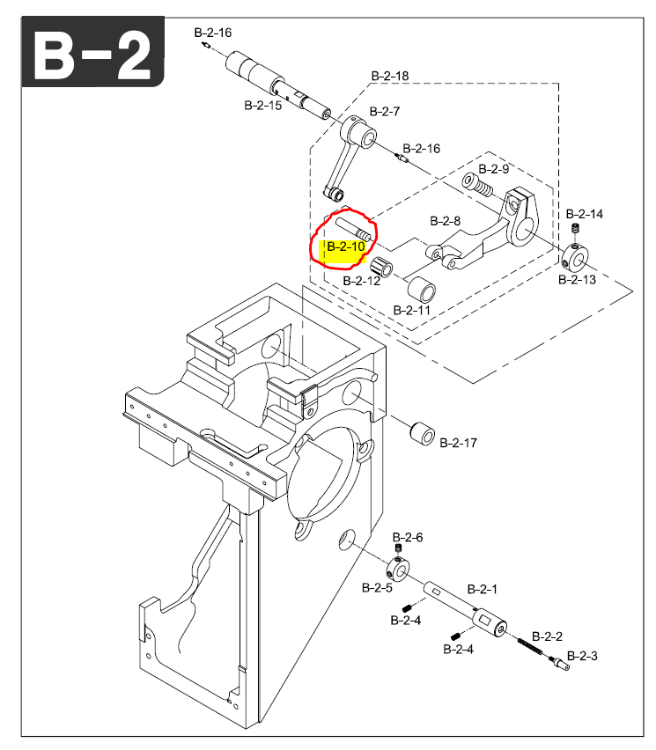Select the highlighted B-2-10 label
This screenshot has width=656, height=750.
point(345,246)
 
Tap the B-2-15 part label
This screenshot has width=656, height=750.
point(262,106)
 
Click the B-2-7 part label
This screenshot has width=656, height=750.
point(385,112)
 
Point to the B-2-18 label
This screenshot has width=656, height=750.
point(389,77)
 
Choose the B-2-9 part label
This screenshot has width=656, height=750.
point(494,168)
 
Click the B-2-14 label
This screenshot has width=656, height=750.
point(585,214)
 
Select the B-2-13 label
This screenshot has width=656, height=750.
point(578,280)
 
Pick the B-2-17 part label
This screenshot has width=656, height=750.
point(458,442)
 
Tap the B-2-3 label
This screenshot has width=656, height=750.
point(582,656)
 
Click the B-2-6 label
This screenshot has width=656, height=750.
point(408,537)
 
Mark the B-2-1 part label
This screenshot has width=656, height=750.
point(483,589)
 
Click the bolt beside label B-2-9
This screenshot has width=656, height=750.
point(475,186)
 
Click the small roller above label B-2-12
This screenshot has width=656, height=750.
point(381,268)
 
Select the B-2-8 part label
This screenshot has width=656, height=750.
point(446,220)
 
